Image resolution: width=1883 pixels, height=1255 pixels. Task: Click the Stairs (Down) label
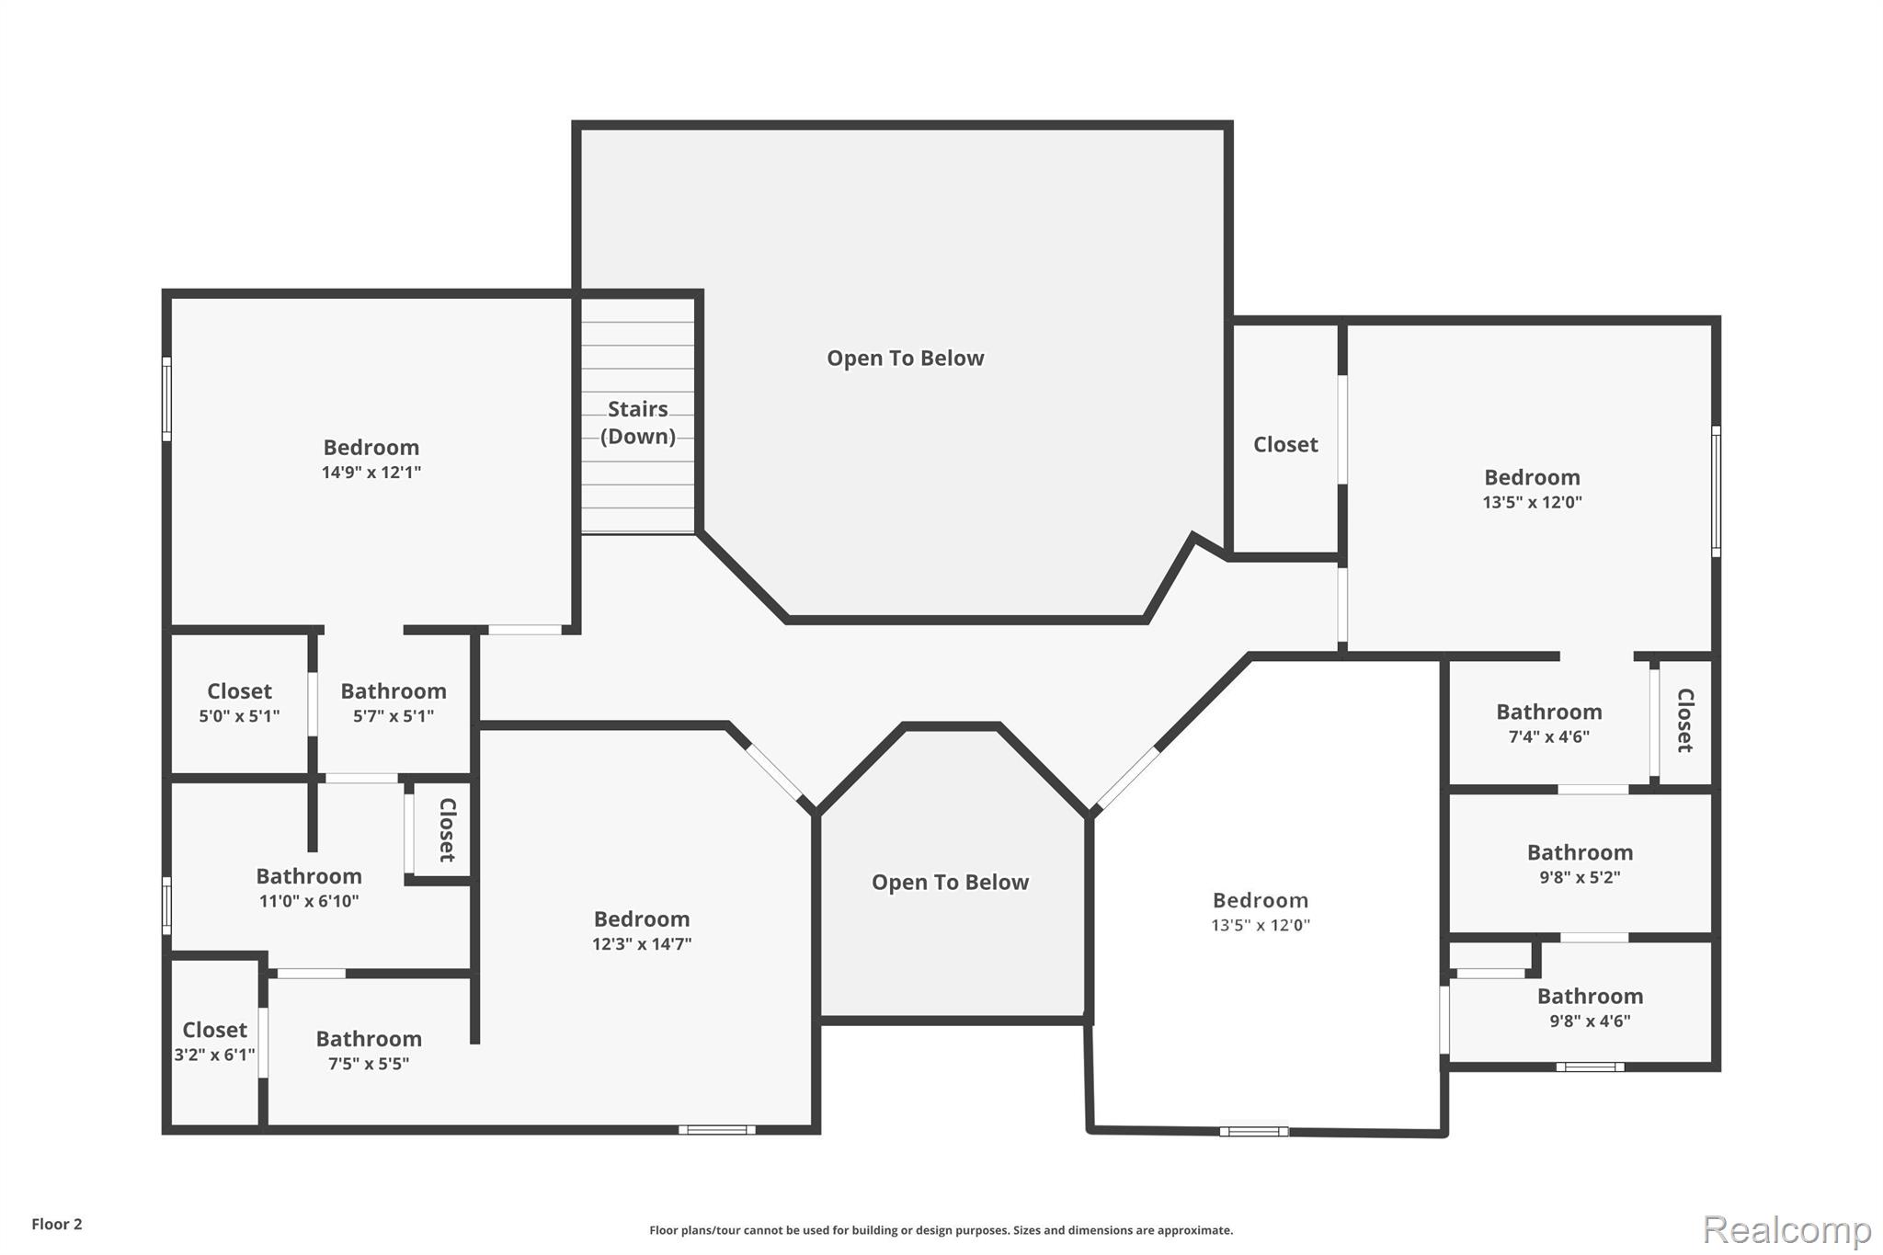coord(637,422)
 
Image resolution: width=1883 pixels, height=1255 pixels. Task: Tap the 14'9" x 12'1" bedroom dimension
coord(371,473)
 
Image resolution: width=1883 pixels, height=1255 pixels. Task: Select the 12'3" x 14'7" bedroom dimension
coord(642,944)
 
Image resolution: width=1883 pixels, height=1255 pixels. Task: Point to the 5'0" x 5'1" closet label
coord(239,716)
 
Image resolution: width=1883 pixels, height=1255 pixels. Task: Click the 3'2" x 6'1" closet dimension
coord(214,1055)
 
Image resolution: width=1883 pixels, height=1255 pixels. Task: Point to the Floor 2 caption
coord(57,1225)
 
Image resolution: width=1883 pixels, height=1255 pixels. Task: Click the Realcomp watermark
coord(1786,1230)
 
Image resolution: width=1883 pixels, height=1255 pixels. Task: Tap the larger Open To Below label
coord(906,359)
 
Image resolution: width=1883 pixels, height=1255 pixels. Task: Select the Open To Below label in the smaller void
coord(950,883)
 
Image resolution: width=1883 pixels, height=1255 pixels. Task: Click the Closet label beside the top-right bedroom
coord(1285,445)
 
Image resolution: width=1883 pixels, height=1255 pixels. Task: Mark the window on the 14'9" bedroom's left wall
coord(166,399)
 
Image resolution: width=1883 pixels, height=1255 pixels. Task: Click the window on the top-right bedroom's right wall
coord(1716,491)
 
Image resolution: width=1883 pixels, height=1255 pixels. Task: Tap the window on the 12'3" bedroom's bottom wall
coord(717,1130)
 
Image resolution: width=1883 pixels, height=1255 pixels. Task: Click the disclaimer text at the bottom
coord(941,1230)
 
